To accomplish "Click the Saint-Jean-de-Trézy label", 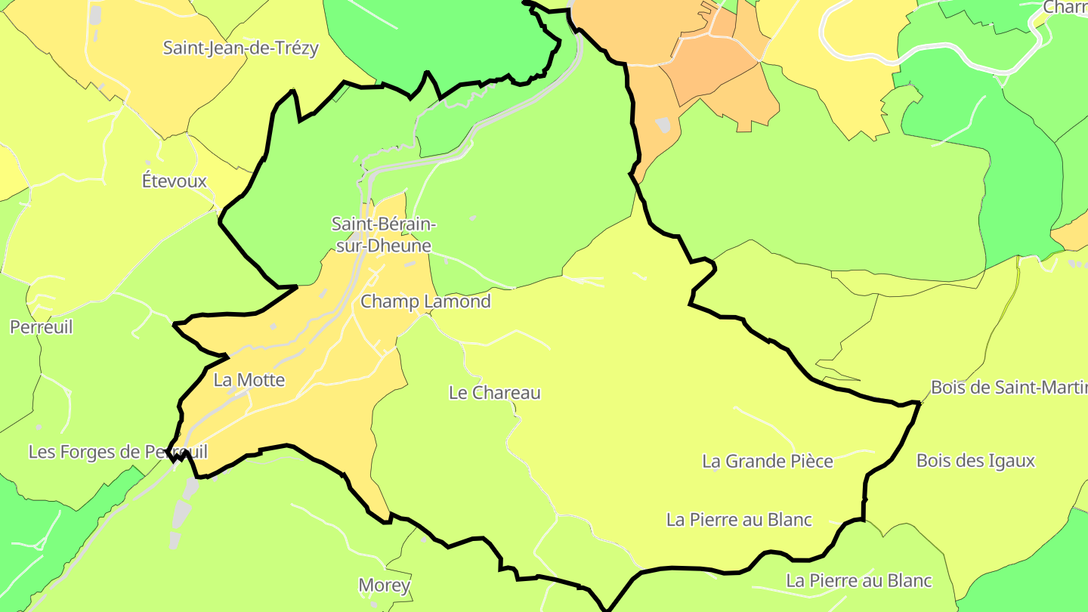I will tap(241, 48).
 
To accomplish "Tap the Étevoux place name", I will tap(175, 181).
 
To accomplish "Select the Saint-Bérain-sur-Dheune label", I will tap(384, 234).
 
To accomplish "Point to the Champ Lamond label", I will tap(425, 301).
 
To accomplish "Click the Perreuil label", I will tap(42, 327).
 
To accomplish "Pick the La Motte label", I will tap(249, 380).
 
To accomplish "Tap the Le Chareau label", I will tap(495, 393).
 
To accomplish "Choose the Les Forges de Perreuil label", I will tap(118, 452).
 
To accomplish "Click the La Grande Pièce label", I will tap(768, 461).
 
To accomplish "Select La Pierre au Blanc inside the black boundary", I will tap(739, 520).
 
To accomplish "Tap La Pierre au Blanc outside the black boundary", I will tap(859, 581).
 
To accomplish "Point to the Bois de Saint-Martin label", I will tap(1009, 388).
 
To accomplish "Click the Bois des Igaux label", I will tap(975, 460).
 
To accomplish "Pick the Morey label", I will tap(385, 585).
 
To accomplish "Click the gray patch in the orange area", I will tap(663, 125).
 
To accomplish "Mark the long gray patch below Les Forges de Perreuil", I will tap(182, 514).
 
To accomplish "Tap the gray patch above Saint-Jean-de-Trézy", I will tap(95, 14).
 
